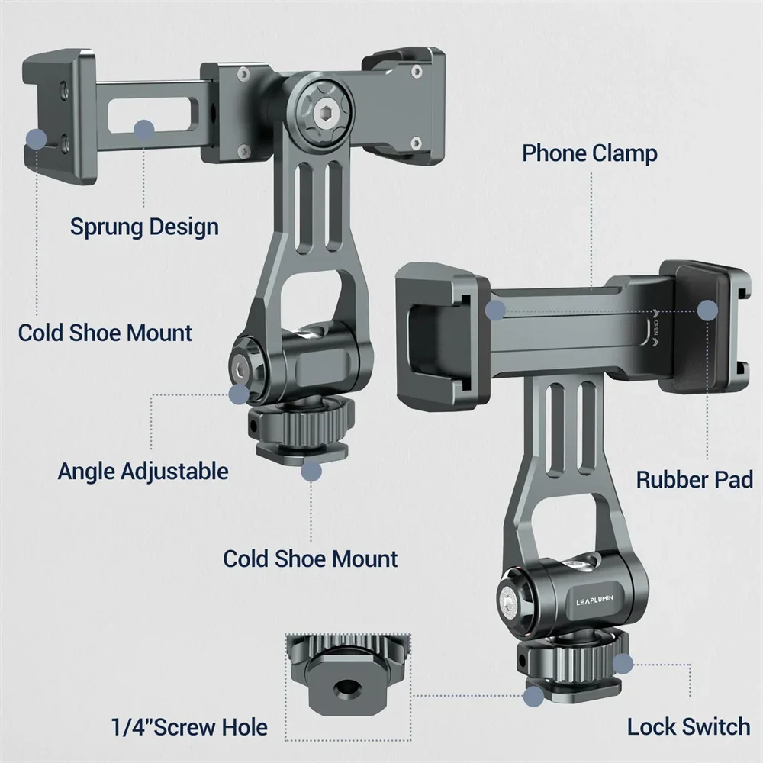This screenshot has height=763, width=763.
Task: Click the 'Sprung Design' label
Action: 144,227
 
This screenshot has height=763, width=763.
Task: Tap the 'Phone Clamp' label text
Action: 589,153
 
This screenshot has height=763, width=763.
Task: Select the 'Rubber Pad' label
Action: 694,480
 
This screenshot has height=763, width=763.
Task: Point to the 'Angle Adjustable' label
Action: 143,470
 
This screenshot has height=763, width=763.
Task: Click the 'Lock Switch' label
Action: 688,726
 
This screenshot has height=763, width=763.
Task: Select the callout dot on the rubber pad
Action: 708,310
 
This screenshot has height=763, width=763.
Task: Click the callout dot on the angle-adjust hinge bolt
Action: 239,394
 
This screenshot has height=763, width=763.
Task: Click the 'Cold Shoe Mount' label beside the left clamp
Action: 105,333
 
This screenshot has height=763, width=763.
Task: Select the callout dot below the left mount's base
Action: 310,471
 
